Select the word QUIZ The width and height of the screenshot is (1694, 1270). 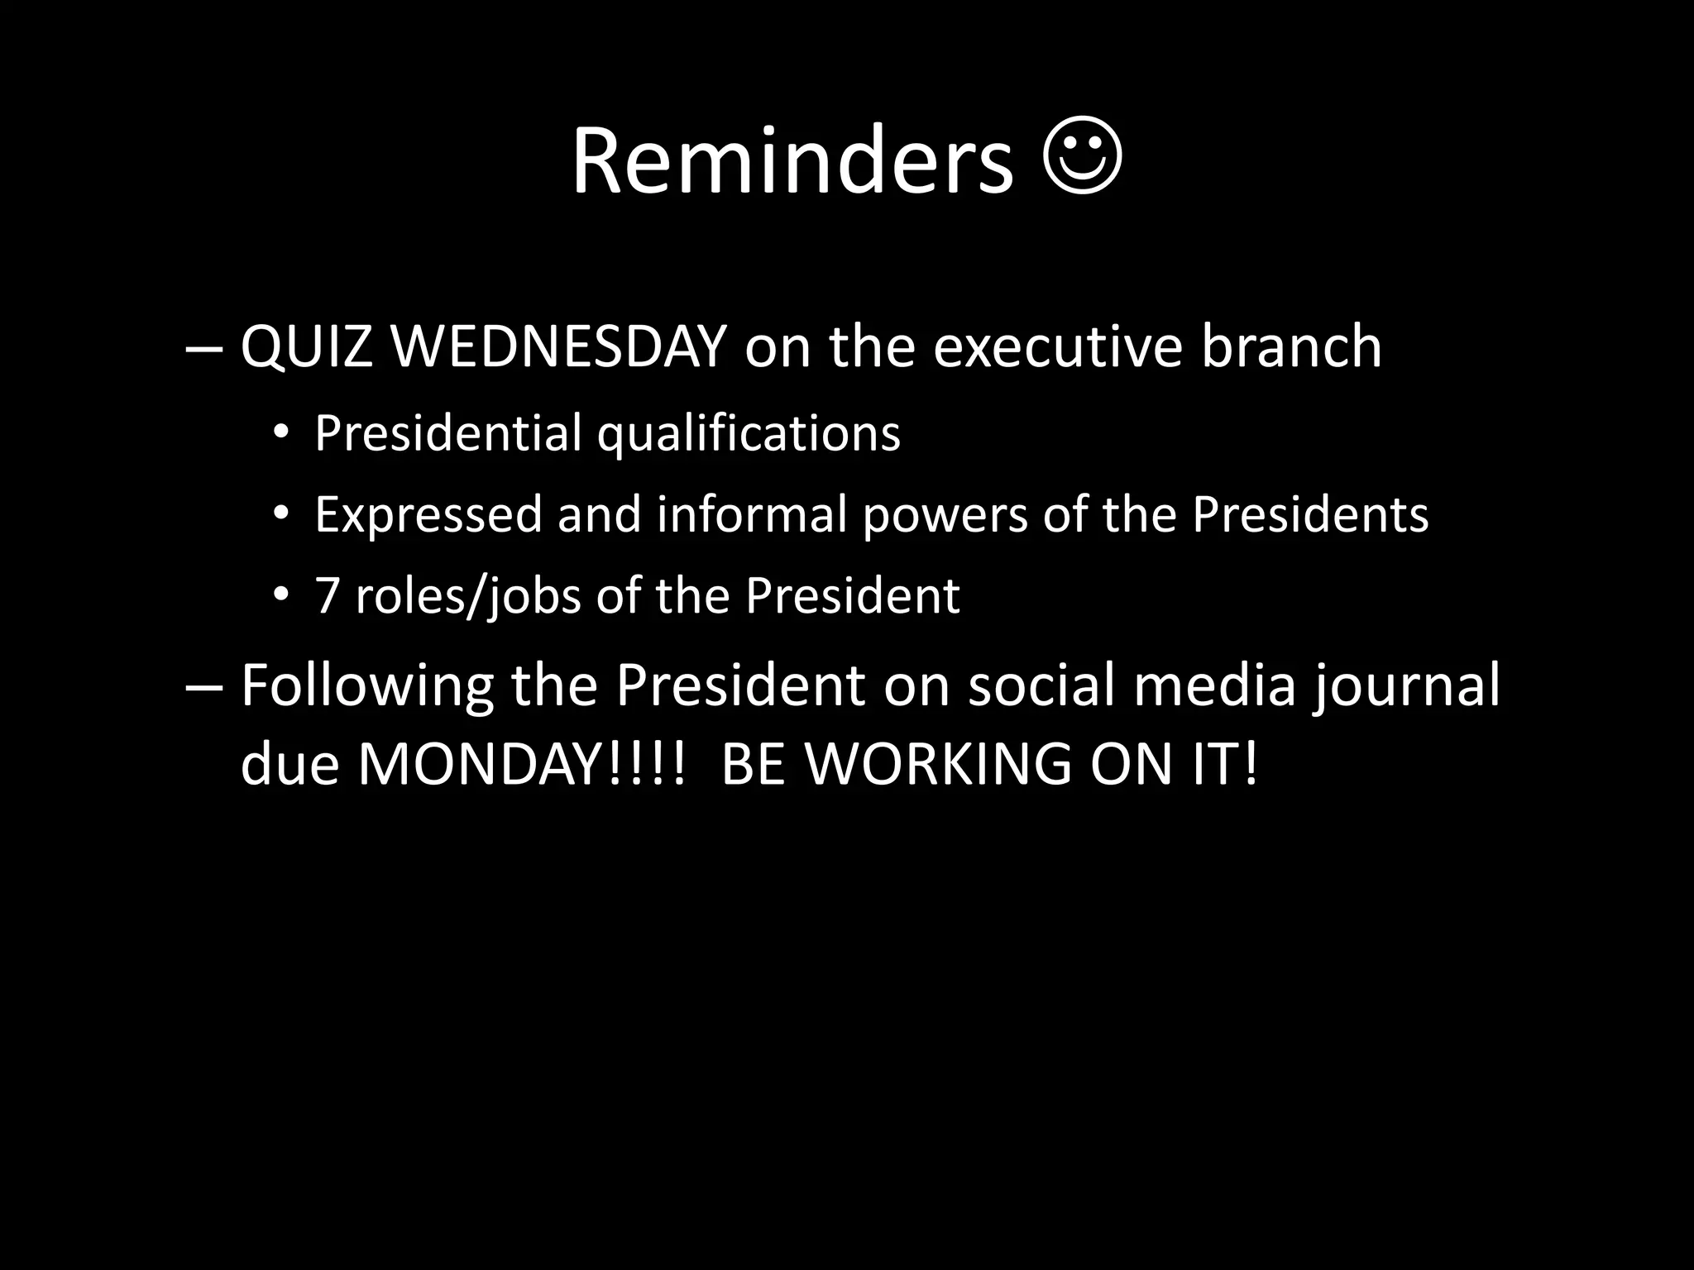(x=306, y=347)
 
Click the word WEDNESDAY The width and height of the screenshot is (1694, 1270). (x=558, y=347)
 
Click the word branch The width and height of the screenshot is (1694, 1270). (x=1291, y=347)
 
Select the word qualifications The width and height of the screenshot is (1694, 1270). (x=749, y=433)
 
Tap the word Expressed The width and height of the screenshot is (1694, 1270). (x=428, y=514)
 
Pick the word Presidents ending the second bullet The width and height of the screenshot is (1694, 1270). (x=1309, y=514)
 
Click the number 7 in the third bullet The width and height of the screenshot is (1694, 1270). (x=328, y=595)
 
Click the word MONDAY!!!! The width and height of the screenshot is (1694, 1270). (x=521, y=764)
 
